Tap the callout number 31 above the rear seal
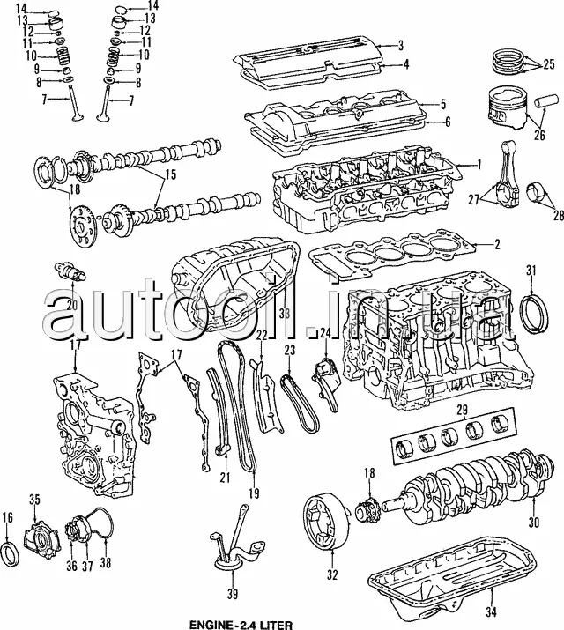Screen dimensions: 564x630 [x=531, y=271]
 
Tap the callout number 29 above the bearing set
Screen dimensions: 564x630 [x=463, y=411]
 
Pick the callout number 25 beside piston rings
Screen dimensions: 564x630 [x=548, y=64]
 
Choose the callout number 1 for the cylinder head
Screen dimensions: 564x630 [x=479, y=165]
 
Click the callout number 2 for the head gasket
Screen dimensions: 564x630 [x=497, y=244]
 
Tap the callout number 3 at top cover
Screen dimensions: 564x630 [x=400, y=45]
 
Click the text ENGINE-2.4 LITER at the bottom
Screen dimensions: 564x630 [x=241, y=626]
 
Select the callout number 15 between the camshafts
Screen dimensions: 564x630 [x=170, y=175]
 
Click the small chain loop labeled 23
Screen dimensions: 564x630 [x=300, y=403]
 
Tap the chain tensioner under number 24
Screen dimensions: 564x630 [x=325, y=385]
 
